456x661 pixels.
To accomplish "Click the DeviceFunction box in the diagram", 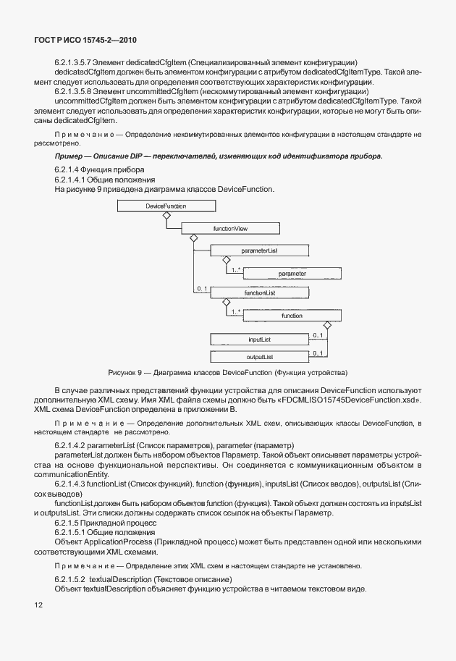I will pyautogui.click(x=166, y=206).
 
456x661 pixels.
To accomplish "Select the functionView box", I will pyautogui.click(x=230, y=228).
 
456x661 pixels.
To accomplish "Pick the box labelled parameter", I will pyautogui.click(x=292, y=274).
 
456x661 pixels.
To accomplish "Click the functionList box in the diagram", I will pyautogui.click(x=261, y=293).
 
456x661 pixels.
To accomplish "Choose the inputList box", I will pyautogui.click(x=260, y=339).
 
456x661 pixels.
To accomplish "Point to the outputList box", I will pyautogui.click(x=260, y=357).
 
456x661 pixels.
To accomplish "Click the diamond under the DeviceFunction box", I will pyautogui.click(x=166, y=216).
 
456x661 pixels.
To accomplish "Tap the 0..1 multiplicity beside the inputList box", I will pyautogui.click(x=317, y=335).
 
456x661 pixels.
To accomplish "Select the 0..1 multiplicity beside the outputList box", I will pyautogui.click(x=317, y=353).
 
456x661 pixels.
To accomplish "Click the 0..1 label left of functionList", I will pyautogui.click(x=202, y=290).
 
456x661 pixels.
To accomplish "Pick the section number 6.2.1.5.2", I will pyautogui.click(x=70, y=579).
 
